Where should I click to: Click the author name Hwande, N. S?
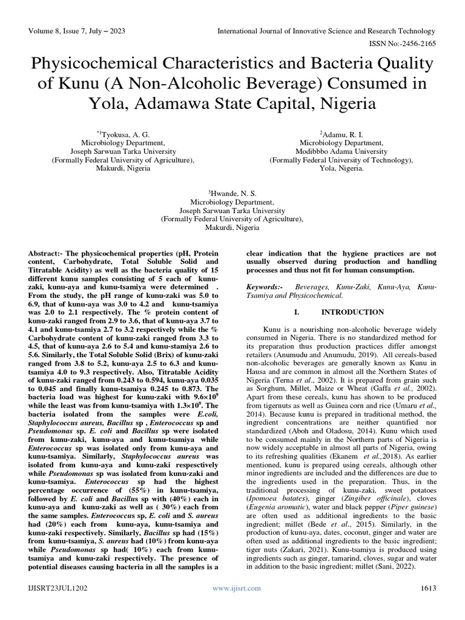click(x=232, y=191)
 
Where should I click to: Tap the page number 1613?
click(x=426, y=588)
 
